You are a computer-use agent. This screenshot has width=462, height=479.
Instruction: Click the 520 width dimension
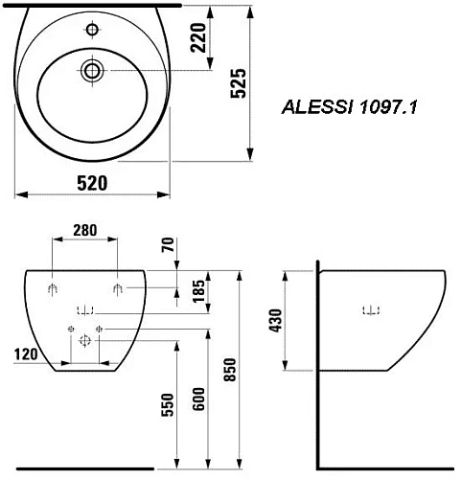click(91, 182)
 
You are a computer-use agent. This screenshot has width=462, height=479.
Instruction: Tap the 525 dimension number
click(240, 85)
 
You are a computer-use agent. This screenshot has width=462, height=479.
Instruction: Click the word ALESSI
click(310, 109)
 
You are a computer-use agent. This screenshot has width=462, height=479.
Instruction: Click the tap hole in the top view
click(92, 31)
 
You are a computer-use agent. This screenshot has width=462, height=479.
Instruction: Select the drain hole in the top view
click(93, 69)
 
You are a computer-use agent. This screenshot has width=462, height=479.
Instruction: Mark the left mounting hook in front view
click(53, 288)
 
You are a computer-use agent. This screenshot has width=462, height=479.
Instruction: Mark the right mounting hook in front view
click(117, 288)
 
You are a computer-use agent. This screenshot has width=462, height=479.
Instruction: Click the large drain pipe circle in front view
click(85, 338)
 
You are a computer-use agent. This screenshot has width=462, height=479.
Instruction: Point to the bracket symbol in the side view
click(371, 309)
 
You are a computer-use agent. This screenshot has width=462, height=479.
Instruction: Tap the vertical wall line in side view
click(317, 364)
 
